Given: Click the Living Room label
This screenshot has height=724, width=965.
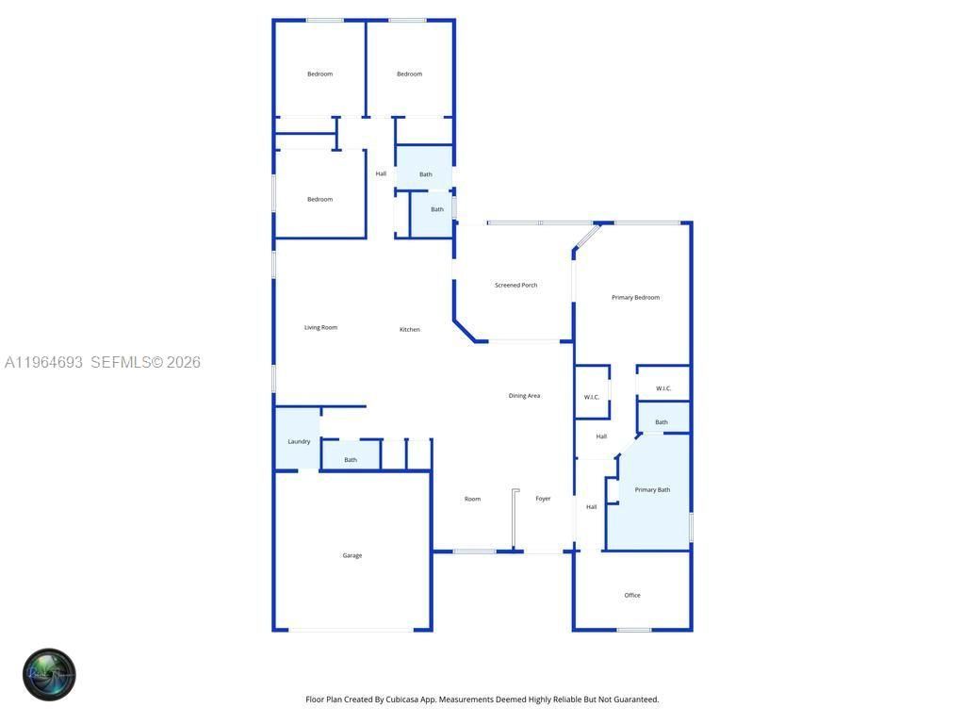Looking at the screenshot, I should pos(320,327).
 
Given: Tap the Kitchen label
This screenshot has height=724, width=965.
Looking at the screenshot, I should pos(409,329).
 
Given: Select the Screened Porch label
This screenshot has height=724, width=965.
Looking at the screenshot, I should pos(515,285).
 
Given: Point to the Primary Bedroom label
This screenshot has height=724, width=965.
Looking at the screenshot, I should pos(635,297).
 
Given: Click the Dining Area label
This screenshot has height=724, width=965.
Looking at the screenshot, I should pos(524,396).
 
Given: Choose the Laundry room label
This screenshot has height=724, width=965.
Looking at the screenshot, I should pos(299,441).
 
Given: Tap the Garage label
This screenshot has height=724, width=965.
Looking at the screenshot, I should pos(352,555).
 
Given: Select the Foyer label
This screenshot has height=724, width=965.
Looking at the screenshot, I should pos(543,499).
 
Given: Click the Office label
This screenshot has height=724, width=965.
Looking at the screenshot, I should pos(632,595).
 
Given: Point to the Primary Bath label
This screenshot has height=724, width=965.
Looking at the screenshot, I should pos(652,489).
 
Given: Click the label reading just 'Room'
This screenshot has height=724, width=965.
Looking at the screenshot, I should pos(472,499).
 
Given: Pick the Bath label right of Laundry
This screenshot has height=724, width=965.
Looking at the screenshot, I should pos(351,460).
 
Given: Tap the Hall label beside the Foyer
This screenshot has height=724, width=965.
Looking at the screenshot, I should pos(592,507).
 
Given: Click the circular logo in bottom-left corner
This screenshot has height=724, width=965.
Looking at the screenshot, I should pos(49,675).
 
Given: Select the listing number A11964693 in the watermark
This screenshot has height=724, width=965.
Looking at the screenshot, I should pos(44,362).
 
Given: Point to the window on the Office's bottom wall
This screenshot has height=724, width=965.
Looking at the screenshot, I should pos(633,630).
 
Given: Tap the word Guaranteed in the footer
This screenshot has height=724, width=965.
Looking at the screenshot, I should pos(636,699).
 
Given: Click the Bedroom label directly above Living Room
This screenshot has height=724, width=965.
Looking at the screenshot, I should pos(319,199).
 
